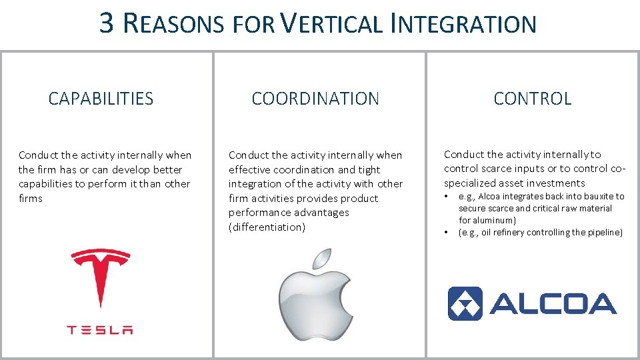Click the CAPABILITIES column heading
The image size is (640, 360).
[101, 99]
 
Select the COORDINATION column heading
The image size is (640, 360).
[315, 99]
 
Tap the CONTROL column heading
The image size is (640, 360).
[532, 99]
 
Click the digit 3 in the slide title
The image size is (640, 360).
[107, 23]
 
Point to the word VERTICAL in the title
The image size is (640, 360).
[331, 24]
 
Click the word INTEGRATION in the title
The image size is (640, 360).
[464, 24]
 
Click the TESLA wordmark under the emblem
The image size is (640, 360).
[100, 329]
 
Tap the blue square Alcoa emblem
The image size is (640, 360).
[465, 304]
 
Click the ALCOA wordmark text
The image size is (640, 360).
[553, 304]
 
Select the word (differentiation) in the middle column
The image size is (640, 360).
[267, 227]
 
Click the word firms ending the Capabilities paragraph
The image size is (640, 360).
[31, 199]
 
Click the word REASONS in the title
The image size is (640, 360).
[174, 24]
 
